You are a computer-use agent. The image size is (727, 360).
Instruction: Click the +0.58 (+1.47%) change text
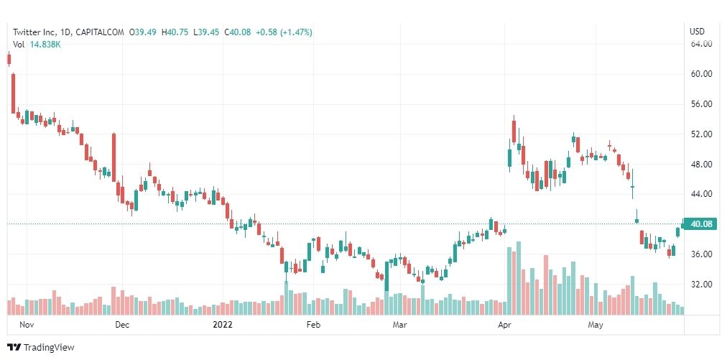pos(285,32)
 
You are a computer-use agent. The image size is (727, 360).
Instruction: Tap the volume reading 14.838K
pos(45,45)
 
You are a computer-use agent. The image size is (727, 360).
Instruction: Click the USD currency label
pos(696,31)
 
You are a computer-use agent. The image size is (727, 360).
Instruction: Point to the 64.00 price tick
pos(700,44)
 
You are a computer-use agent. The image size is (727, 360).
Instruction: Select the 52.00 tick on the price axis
pos(700,134)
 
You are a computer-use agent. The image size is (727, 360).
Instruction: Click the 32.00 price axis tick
pos(700,285)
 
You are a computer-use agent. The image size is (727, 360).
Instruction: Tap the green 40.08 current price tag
pos(700,224)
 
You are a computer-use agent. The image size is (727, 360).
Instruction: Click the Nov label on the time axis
pos(27,325)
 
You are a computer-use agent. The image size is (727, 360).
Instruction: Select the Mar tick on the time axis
pos(400,325)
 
